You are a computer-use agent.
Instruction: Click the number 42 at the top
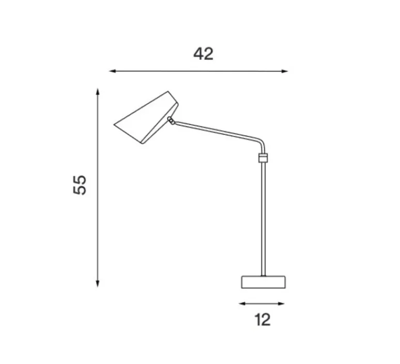[203, 53]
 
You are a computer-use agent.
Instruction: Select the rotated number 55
[80, 185]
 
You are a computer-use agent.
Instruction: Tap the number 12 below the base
[263, 320]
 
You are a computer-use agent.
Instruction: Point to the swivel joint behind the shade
[171, 120]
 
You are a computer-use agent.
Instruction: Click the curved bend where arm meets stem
[261, 143]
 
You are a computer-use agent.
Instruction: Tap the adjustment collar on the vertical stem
[263, 157]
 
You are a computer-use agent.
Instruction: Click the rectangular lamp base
[263, 282]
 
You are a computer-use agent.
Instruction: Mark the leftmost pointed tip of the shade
[115, 124]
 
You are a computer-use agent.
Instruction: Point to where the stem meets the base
[264, 276]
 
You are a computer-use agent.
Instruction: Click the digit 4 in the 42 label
[198, 53]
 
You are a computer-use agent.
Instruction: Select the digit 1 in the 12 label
[258, 320]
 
